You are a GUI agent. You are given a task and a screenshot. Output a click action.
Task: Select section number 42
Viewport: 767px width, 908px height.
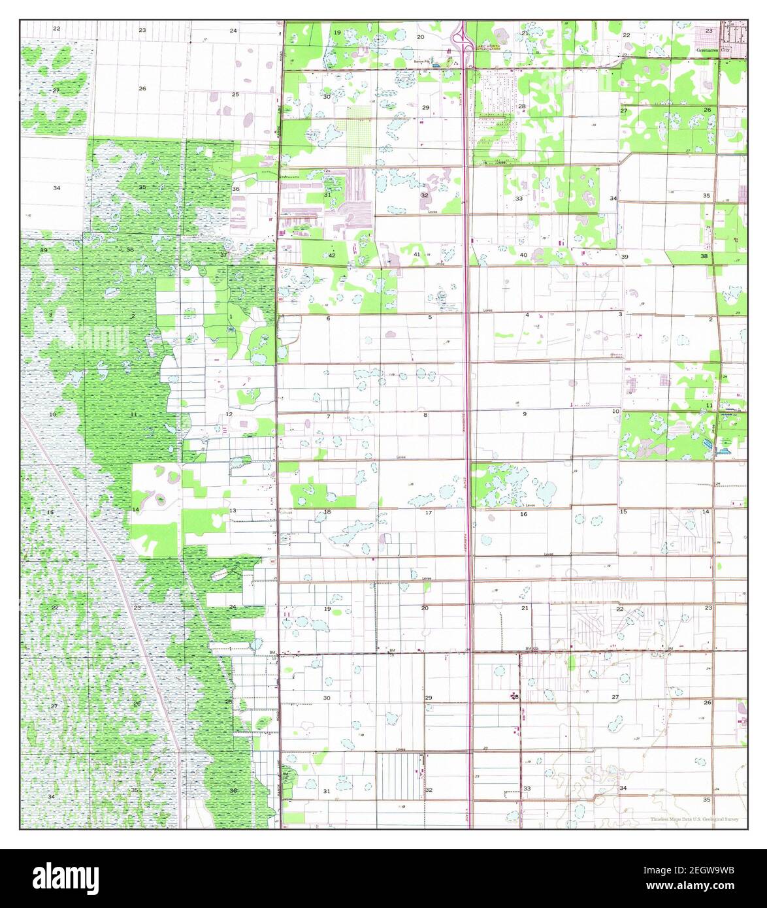[332, 255]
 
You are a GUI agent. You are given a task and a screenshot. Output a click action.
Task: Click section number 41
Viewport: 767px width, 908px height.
[417, 254]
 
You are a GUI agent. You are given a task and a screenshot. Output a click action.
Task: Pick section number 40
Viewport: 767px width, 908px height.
[523, 255]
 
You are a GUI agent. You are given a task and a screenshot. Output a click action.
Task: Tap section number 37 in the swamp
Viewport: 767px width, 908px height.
[224, 254]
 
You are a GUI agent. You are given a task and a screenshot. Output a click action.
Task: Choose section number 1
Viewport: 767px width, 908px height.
[230, 316]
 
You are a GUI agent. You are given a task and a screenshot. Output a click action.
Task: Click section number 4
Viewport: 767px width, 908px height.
[527, 316]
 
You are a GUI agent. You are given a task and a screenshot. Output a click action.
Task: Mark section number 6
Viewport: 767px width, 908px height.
[328, 318]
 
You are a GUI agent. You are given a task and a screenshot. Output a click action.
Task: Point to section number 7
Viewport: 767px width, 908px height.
[328, 416]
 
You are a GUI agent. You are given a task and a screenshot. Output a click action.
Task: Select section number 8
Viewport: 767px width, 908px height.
[425, 415]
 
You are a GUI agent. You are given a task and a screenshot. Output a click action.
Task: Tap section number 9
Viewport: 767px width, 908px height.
[524, 414]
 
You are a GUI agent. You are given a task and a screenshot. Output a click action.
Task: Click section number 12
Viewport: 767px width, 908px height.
[229, 414]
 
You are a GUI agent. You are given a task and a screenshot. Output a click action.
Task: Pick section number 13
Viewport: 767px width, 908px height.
[233, 510]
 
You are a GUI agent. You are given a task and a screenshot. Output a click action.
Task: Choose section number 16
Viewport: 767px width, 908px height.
[523, 514]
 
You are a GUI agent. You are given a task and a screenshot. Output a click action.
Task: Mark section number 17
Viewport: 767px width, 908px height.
[429, 513]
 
